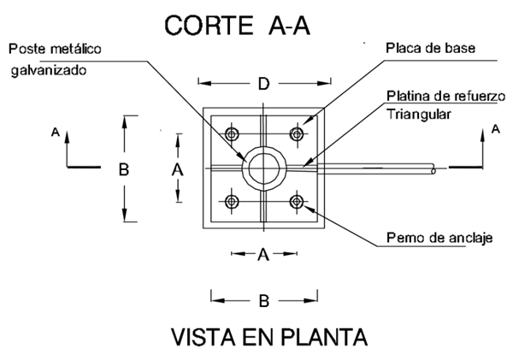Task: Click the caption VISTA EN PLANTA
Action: point(269,336)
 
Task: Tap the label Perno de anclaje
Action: point(439,238)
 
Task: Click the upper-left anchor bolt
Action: point(231,134)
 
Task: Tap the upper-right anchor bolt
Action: point(298,134)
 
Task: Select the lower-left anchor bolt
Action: point(231,202)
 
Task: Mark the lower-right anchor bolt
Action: point(298,202)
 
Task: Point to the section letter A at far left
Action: point(55,133)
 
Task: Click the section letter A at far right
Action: point(496,129)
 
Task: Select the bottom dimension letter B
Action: point(264,300)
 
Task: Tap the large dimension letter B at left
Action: point(124,169)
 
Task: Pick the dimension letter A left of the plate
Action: point(178,169)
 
